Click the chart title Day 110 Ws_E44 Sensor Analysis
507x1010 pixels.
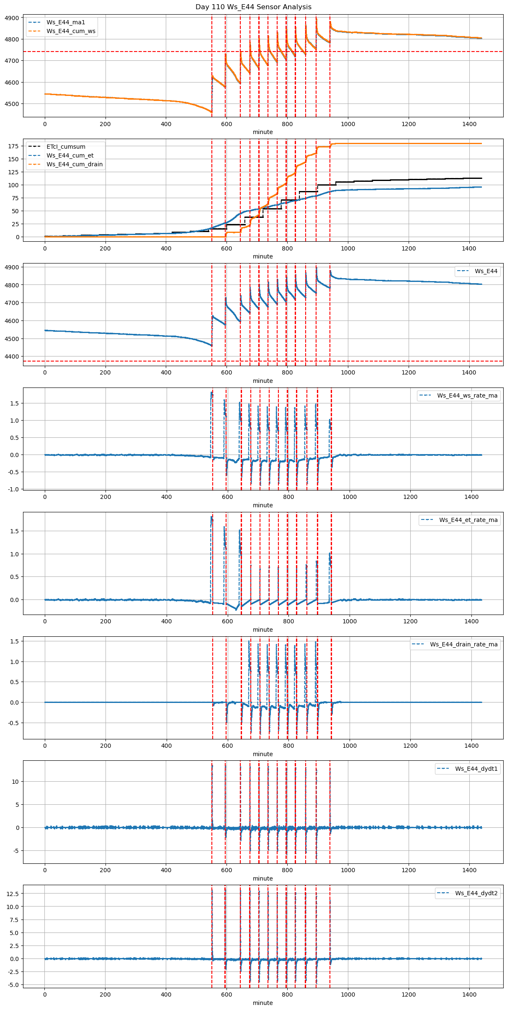[253, 7]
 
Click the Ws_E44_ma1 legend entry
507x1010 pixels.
[66, 22]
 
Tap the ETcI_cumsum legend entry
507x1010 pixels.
[66, 147]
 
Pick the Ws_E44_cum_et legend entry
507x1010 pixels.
[70, 155]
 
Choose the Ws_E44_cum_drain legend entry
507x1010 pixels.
[75, 164]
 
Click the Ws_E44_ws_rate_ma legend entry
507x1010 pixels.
[467, 395]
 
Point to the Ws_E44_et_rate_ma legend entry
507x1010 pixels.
[468, 520]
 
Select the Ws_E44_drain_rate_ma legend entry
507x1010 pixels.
[463, 644]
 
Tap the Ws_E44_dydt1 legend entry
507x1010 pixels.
[476, 769]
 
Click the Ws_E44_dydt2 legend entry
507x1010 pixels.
[476, 893]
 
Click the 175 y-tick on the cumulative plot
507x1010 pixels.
[14, 146]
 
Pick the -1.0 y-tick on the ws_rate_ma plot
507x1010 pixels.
[13, 489]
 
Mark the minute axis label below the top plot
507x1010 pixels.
[263, 132]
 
